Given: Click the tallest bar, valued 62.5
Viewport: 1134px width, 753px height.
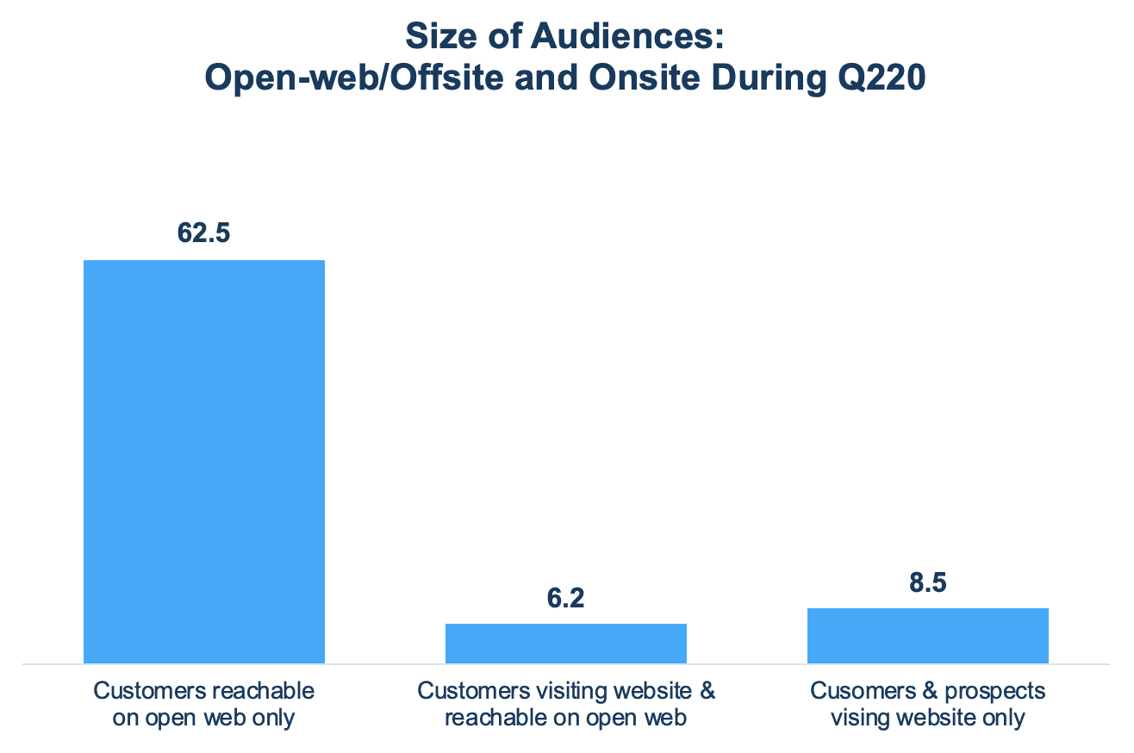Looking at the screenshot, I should [x=203, y=461].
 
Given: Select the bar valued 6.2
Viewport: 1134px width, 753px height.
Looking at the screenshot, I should [x=565, y=643].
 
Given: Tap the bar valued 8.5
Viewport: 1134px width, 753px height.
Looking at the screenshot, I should [x=927, y=635].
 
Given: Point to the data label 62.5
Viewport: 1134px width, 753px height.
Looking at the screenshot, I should [x=203, y=234].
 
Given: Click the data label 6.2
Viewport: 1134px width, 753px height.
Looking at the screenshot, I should [x=565, y=598].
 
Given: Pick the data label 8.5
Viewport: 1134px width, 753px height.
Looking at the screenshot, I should [x=927, y=582].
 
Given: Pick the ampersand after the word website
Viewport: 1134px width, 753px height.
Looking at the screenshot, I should [x=708, y=691].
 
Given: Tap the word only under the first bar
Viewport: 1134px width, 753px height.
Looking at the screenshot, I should [x=273, y=718].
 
